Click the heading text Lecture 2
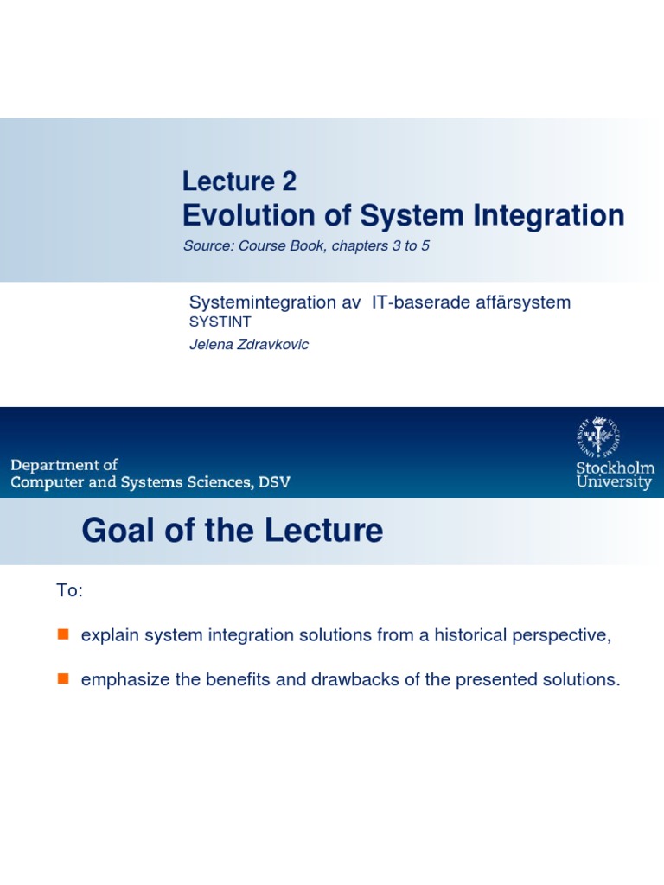(239, 181)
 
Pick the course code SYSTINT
(220, 322)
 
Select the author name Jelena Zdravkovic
(249, 345)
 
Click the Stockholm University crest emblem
(598, 436)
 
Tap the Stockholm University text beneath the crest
(615, 475)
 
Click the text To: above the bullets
(69, 590)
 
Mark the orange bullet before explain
(62, 634)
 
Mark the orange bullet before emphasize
(62, 678)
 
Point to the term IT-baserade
(416, 302)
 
